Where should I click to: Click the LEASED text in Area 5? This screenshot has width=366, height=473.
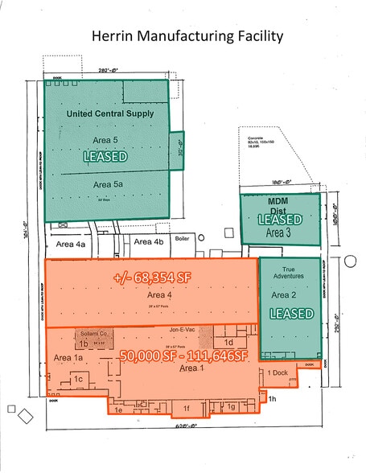click(x=105, y=158)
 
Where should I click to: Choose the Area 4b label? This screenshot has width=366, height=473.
click(x=149, y=241)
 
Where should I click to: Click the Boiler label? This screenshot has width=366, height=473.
click(x=183, y=238)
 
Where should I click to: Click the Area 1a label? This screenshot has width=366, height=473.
click(x=68, y=357)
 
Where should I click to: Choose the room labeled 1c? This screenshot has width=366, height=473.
click(x=78, y=379)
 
